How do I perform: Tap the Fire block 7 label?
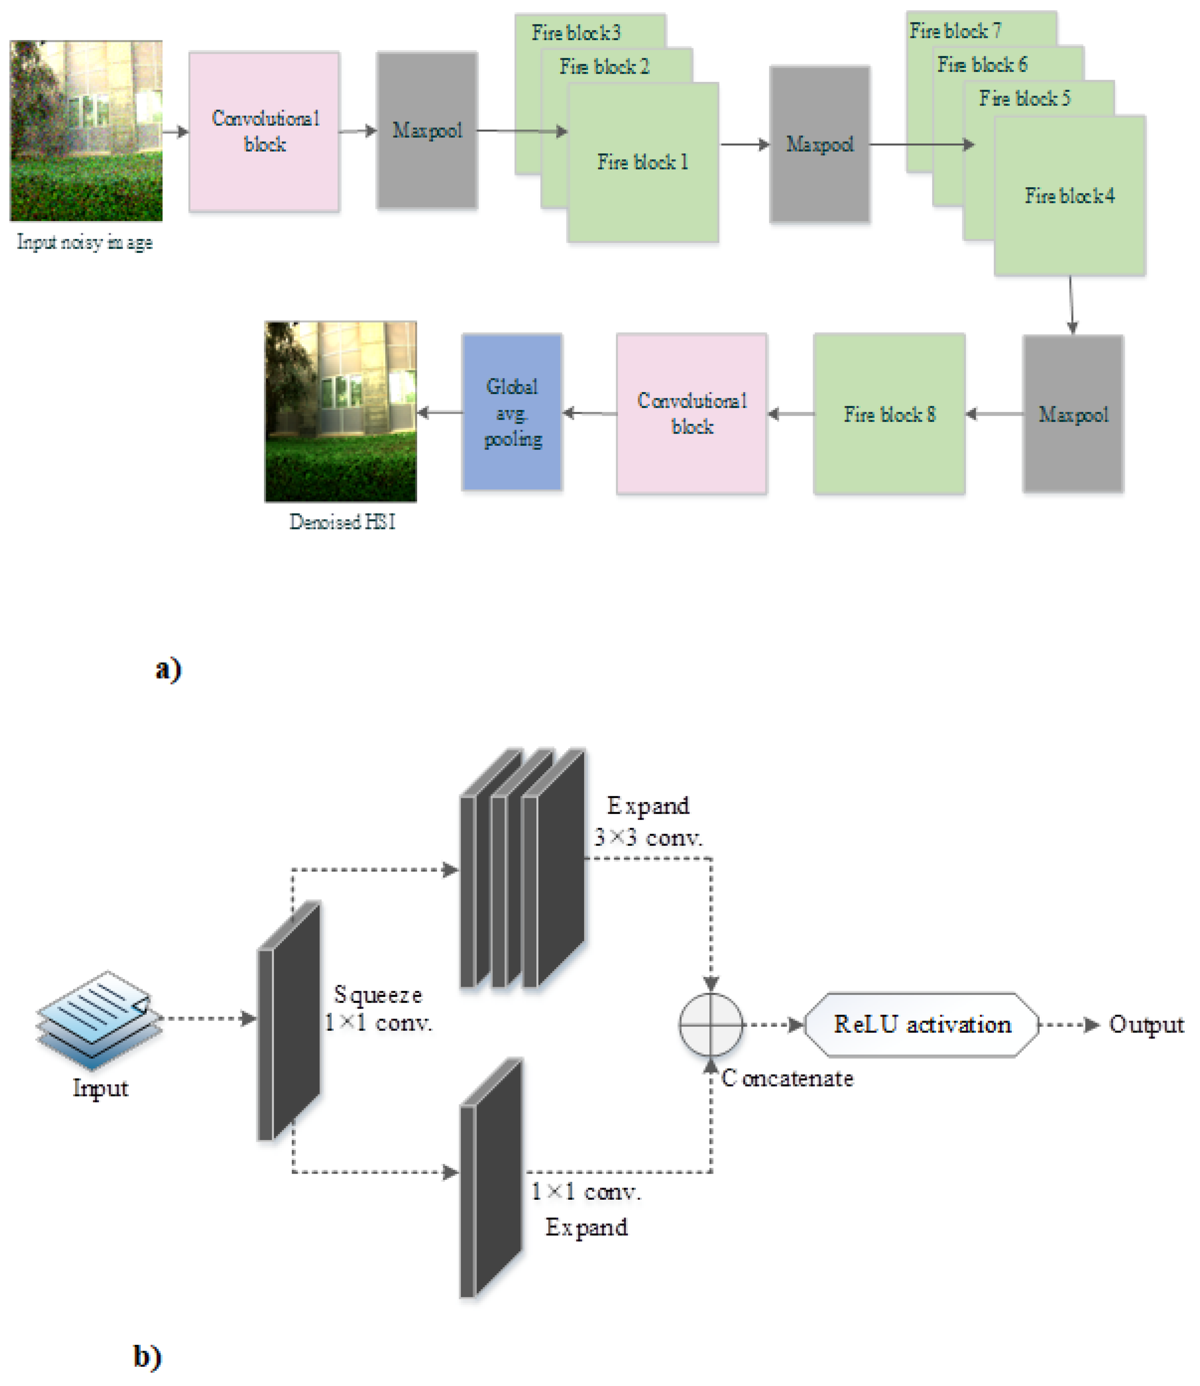pos(955,30)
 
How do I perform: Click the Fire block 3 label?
pos(576,32)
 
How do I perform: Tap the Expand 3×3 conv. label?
pos(648,822)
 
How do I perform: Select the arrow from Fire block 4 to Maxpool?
pos(1072,305)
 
